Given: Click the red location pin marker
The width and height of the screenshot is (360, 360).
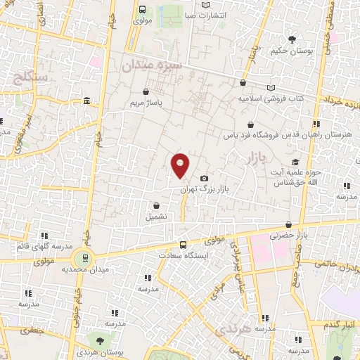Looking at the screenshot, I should tap(180, 165).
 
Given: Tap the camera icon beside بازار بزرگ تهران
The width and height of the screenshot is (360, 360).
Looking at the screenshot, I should tap(204, 179).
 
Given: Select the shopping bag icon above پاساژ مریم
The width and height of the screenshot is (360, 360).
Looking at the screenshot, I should tap(146, 91).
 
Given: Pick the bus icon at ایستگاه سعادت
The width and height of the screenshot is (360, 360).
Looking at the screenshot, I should tap(183, 244).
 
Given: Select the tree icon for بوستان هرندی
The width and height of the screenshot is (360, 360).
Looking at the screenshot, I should tap(100, 340).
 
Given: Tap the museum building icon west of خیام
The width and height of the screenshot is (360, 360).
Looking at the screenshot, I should tap(86, 103).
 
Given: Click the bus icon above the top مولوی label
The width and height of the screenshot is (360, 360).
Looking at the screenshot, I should tap(143, 10).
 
